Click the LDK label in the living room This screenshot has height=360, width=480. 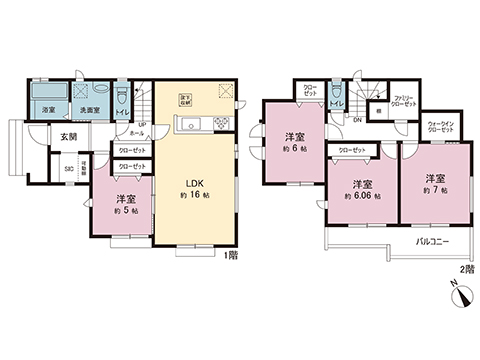[x=194, y=182]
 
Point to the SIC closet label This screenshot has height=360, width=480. [x=68, y=168]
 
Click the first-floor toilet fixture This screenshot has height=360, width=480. [x=121, y=97]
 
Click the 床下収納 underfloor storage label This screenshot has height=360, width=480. [x=185, y=99]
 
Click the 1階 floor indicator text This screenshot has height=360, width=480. [x=231, y=255]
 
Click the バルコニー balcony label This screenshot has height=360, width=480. [x=431, y=243]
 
